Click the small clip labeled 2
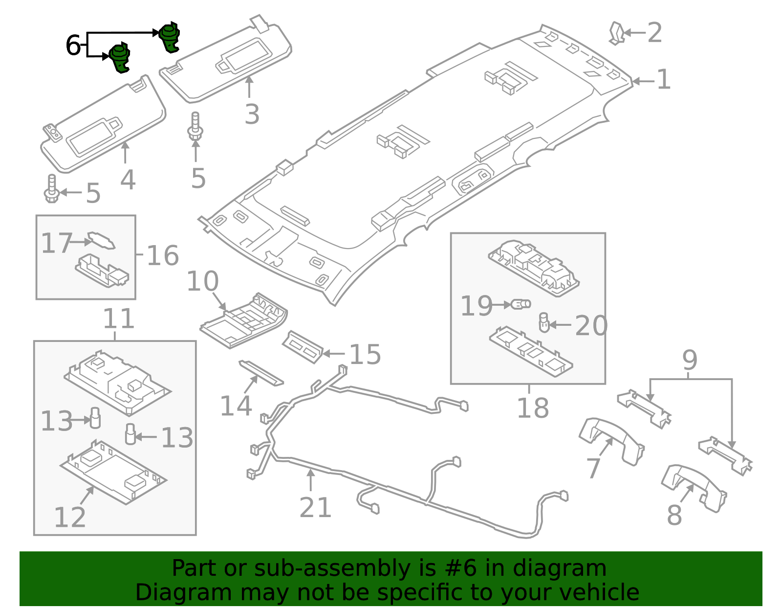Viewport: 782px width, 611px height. (x=617, y=33)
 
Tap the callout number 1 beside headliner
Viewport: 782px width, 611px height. (x=663, y=80)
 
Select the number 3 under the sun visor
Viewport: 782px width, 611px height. (x=252, y=114)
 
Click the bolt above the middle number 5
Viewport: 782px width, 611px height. (x=195, y=127)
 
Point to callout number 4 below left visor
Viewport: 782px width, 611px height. (x=128, y=180)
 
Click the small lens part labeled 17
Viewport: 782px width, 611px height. (x=102, y=241)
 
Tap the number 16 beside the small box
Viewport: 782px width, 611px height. (x=163, y=255)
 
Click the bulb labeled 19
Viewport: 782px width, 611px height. (x=521, y=304)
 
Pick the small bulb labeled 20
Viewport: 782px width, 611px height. (x=544, y=323)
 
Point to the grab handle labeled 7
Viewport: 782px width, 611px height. (x=611, y=441)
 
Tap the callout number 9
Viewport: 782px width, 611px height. (x=690, y=361)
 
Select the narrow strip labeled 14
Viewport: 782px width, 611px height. (x=261, y=373)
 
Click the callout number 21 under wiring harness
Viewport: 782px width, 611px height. (x=315, y=507)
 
